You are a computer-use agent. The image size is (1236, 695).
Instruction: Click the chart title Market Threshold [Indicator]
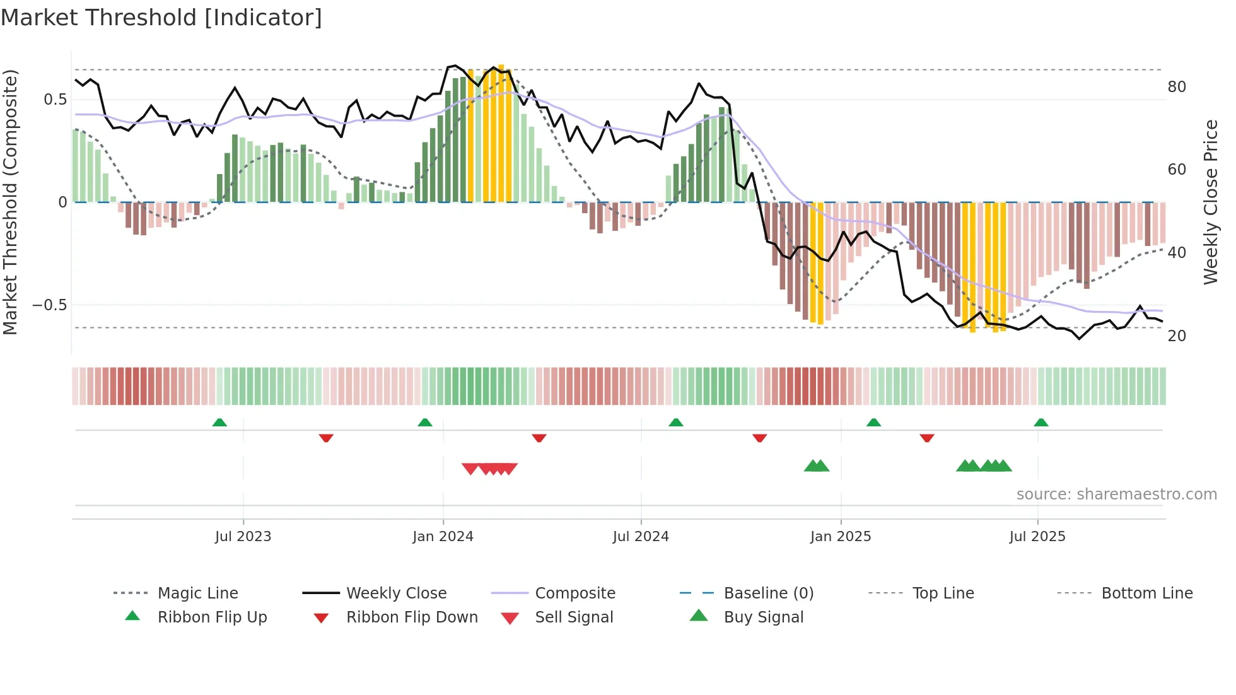pos(161,18)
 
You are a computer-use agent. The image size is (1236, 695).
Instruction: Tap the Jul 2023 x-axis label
pos(243,537)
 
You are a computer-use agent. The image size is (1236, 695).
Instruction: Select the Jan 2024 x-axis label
pos(443,537)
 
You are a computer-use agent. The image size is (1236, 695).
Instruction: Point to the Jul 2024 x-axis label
pos(641,537)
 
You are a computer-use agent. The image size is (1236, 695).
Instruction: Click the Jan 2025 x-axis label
pos(841,537)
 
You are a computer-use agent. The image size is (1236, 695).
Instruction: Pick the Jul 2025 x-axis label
pos(1037,537)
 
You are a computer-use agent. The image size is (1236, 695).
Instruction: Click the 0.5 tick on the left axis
pos(55,100)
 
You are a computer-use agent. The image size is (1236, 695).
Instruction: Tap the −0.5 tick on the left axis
pos(50,305)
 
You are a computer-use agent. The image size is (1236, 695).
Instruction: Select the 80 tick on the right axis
pos(1177,87)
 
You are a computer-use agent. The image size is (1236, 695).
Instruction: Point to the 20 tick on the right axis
pos(1177,336)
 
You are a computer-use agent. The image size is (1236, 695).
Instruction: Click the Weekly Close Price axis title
pos(1211,202)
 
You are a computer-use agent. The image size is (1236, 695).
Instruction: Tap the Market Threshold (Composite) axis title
pos(10,202)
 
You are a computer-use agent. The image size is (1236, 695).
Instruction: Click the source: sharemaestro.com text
pos(1116,494)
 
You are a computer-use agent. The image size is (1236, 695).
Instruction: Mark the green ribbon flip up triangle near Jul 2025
pos(1041,423)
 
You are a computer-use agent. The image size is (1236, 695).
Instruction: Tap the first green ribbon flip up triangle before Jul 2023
pos(219,423)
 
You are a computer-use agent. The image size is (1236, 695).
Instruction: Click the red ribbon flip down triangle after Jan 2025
pos(926,438)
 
